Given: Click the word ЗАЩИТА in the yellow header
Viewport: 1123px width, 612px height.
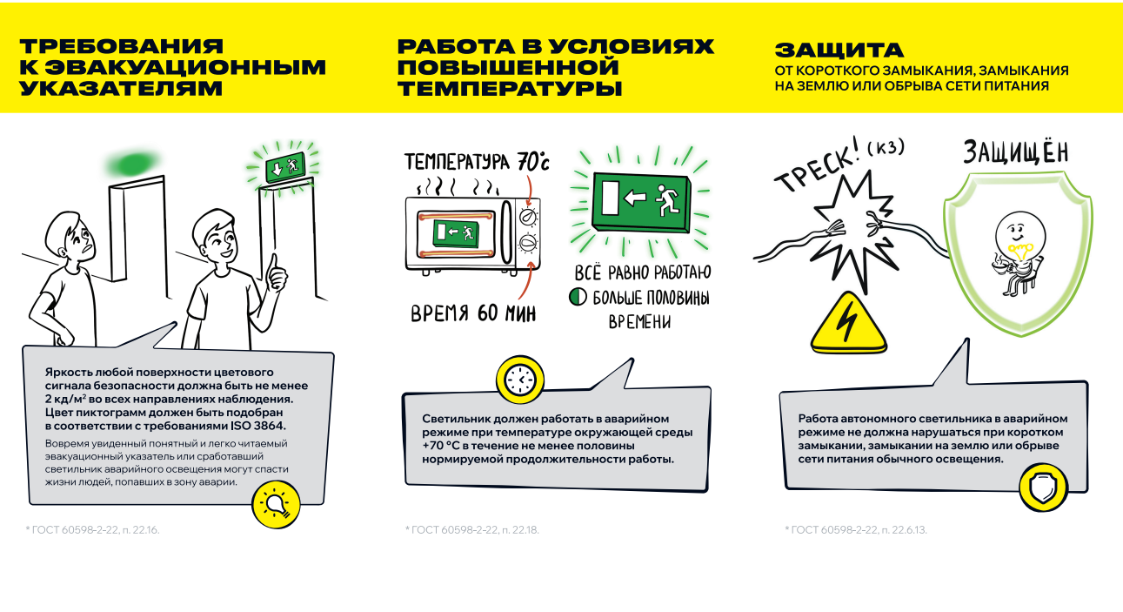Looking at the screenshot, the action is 839,50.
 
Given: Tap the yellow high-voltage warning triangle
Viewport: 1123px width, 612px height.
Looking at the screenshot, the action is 848,323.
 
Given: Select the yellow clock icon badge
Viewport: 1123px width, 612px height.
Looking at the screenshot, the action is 520,380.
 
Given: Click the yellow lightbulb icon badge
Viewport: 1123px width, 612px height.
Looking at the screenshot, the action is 276,504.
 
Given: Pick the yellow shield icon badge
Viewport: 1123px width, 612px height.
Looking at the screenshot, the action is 1044,488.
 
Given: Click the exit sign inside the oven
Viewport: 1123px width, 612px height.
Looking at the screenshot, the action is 456,233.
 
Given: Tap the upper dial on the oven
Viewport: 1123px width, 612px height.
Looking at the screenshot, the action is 528,217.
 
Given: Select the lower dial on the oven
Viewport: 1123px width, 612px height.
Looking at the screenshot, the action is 528,243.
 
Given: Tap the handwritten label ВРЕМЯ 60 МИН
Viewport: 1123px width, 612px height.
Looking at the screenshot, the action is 473,313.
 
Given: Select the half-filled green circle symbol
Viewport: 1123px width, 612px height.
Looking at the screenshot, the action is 578,297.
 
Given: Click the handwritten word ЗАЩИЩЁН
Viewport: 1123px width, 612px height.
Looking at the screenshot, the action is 1016,151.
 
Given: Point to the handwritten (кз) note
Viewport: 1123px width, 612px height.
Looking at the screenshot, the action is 886,147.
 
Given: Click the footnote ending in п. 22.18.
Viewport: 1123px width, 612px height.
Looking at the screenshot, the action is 472,529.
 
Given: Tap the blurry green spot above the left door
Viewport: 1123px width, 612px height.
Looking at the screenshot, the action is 133,164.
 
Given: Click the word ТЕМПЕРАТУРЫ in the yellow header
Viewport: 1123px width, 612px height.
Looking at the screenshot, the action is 510,89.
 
